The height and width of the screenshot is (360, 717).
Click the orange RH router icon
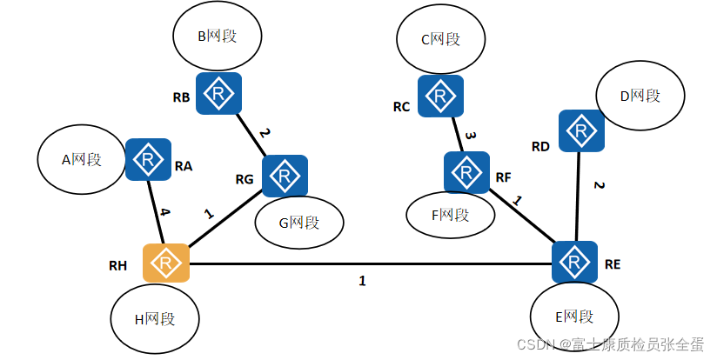click(x=166, y=263)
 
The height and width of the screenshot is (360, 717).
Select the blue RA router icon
click(x=149, y=160)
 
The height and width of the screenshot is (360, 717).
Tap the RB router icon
click(x=218, y=93)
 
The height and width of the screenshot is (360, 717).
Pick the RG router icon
click(x=285, y=177)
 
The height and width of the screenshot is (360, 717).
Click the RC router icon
click(x=440, y=96)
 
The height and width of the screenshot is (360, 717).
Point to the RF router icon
click(x=467, y=173)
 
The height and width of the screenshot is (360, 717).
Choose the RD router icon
click(x=581, y=131)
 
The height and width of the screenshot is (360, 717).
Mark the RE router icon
click(x=574, y=262)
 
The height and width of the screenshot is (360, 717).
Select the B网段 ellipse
click(x=217, y=37)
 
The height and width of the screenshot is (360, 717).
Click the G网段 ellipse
click(x=298, y=222)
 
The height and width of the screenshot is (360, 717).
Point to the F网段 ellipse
click(x=450, y=214)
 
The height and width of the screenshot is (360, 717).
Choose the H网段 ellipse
click(x=155, y=319)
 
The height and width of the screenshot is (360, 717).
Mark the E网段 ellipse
click(x=575, y=317)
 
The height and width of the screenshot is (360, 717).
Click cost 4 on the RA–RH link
click(x=164, y=211)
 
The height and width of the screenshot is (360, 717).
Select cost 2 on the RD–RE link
click(x=599, y=185)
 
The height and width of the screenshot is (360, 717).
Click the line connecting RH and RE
click(x=365, y=263)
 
